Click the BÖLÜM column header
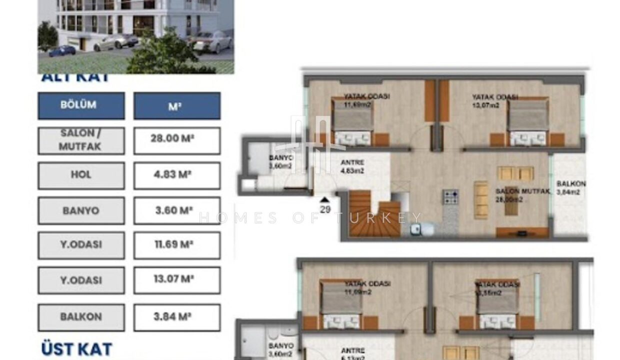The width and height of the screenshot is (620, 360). [81, 105]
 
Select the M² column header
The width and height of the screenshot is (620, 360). [176, 105]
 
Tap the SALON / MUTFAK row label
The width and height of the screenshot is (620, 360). [81, 140]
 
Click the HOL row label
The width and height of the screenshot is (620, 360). [81, 175]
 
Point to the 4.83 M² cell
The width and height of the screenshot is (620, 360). [176, 175]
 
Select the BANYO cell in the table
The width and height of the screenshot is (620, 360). [81, 210]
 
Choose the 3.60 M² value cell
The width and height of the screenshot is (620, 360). [176, 210]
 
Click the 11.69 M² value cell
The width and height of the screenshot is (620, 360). [176, 245]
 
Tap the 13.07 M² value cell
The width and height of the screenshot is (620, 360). [176, 280]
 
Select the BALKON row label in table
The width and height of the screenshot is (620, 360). [81, 317]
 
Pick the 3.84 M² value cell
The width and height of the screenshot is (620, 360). [176, 317]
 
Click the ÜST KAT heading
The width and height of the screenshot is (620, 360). [76, 349]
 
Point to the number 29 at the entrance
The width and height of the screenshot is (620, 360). [325, 209]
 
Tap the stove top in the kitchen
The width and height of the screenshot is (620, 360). [450, 197]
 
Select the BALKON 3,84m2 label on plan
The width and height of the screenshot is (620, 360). [570, 187]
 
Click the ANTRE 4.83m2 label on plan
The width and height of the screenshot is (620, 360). [352, 166]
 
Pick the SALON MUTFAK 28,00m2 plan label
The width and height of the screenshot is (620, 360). [523, 195]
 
